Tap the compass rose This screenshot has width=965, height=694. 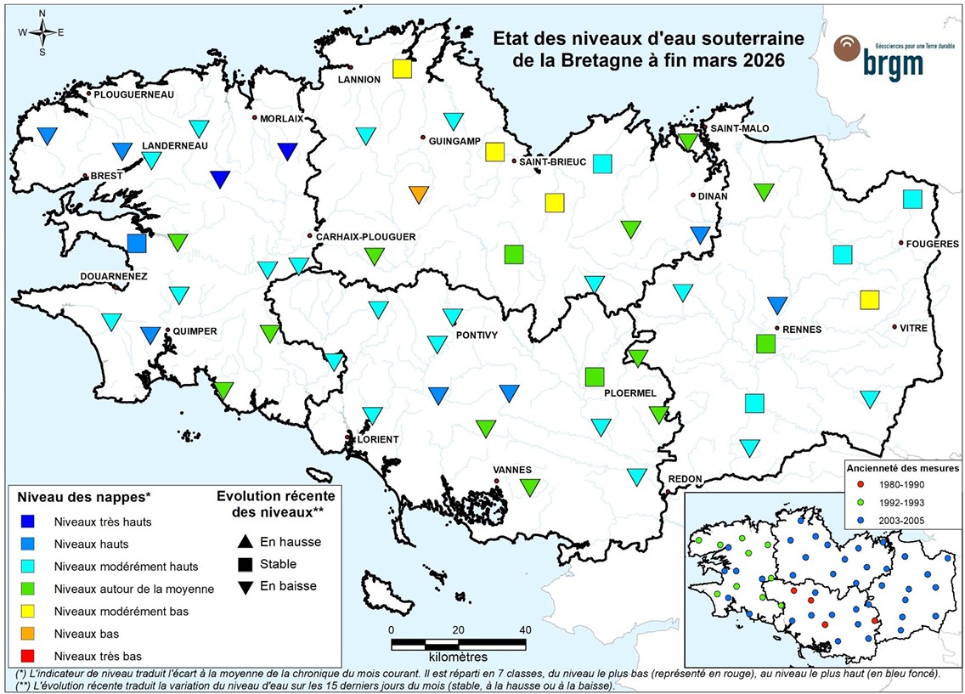[42, 32]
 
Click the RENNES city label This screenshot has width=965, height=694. [802, 330]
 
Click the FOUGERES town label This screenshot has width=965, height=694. [932, 244]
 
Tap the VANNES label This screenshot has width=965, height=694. [512, 470]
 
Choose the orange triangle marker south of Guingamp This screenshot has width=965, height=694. [419, 194]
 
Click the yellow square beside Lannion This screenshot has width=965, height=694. [403, 69]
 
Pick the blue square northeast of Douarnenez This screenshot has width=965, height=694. [137, 243]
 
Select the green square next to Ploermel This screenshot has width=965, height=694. [595, 375]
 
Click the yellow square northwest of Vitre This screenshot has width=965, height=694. [869, 299]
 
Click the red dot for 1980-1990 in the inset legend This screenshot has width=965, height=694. [861, 483]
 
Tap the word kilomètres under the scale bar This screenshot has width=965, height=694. [458, 657]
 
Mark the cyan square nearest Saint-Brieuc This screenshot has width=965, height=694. [603, 163]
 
